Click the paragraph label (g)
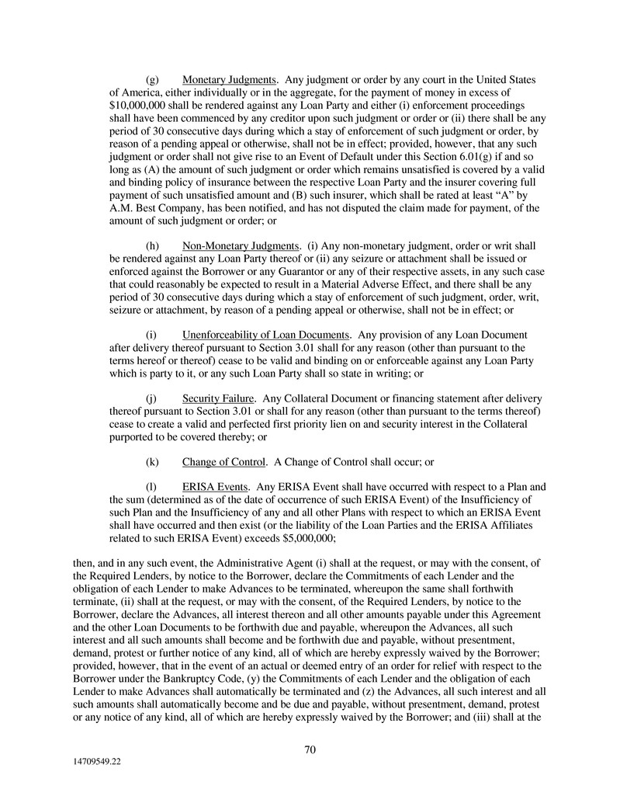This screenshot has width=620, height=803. pos(153,80)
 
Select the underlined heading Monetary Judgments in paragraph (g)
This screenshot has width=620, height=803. pos(229,80)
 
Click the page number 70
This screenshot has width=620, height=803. pos(310,749)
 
